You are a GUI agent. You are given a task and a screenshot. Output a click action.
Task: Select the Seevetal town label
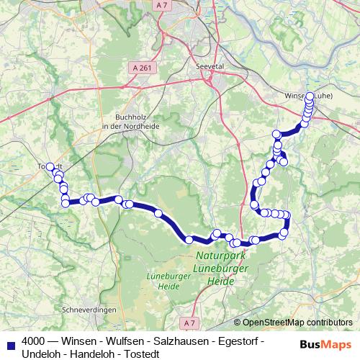[x=210, y=65]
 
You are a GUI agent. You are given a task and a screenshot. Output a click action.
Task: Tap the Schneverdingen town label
[x=90, y=309]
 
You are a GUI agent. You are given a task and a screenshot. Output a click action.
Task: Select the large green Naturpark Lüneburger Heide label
[x=222, y=268]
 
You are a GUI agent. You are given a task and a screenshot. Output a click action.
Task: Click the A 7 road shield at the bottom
[x=189, y=322]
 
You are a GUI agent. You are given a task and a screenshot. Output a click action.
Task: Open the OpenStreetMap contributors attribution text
[x=298, y=323]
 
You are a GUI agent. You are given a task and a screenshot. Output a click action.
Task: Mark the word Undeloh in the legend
[x=40, y=354]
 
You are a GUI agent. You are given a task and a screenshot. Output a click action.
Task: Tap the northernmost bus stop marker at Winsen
[x=310, y=96]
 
